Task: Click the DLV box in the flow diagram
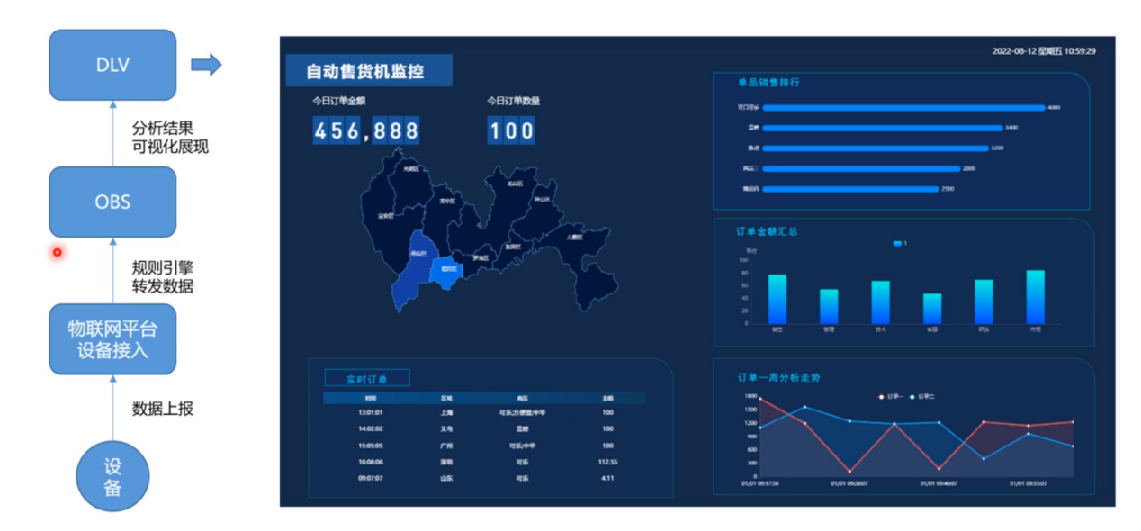[112, 64]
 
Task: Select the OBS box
[112, 202]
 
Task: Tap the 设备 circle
[112, 477]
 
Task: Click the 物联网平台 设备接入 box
[112, 338]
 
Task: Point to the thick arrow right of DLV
[206, 64]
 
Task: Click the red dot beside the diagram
[57, 253]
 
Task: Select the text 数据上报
[163, 408]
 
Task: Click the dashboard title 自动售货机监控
[365, 71]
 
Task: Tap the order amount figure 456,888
[366, 131]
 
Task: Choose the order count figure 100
[512, 131]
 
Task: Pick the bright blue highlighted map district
[444, 271]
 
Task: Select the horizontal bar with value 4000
[903, 108]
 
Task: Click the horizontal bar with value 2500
[850, 189]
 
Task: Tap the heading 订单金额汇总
[767, 232]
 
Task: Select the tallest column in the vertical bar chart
[1036, 297]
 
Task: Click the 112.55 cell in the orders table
[607, 462]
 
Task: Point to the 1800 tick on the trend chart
[750, 396]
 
